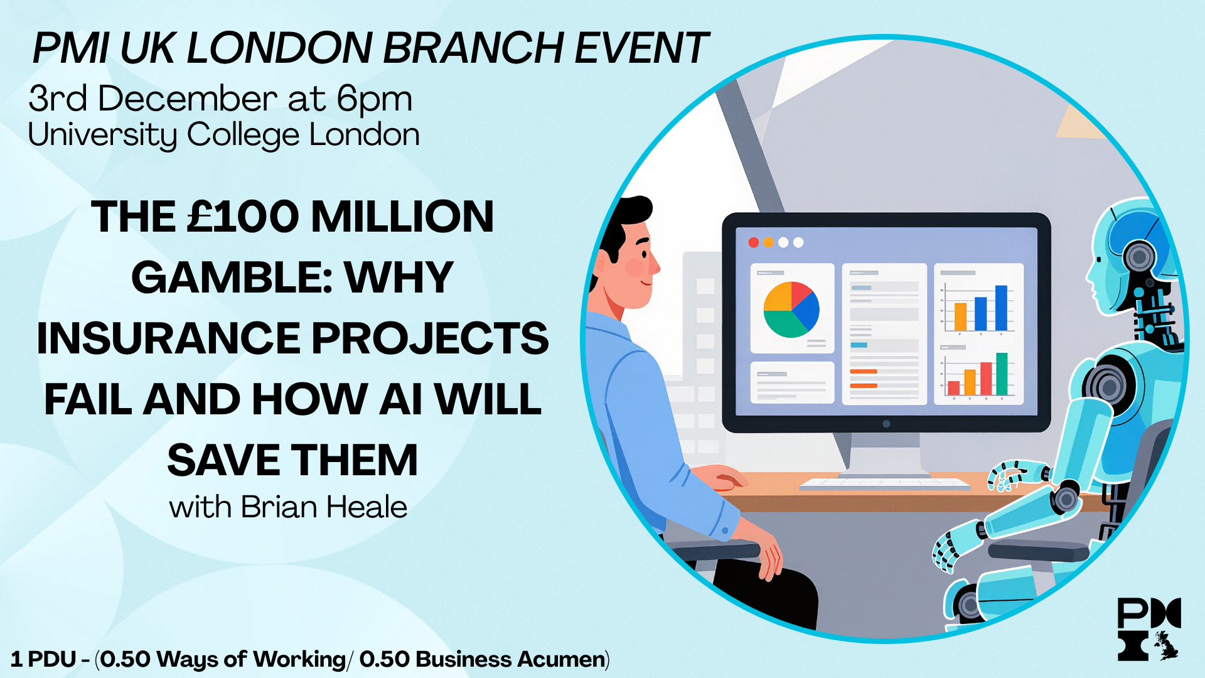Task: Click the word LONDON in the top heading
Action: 279,48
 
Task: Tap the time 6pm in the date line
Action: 374,100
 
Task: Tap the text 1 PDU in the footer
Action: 43,660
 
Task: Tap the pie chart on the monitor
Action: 791,309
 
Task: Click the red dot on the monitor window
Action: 754,242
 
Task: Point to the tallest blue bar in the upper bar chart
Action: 1001,308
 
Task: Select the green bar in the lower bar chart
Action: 1002,374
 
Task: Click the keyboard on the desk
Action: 885,483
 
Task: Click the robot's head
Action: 1130,257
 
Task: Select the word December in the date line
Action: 187,100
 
